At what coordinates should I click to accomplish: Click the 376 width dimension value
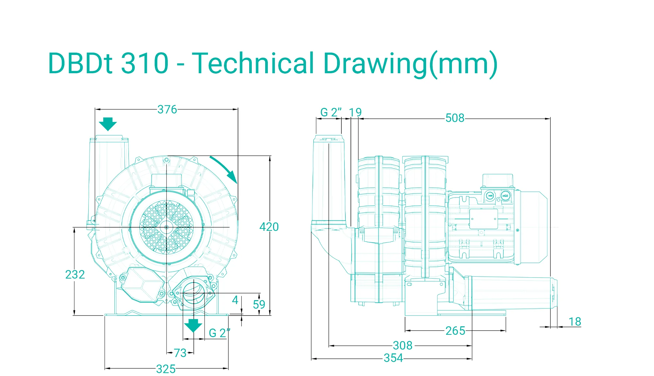click(167, 110)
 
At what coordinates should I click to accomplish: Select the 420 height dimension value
click(269, 227)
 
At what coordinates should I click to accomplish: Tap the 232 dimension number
click(75, 275)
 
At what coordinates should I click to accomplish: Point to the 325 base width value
click(166, 369)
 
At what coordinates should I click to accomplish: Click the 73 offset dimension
click(180, 353)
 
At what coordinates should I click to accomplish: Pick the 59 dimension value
click(259, 305)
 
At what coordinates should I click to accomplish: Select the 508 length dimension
click(455, 118)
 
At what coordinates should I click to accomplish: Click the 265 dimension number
click(456, 331)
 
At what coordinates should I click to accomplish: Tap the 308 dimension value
click(403, 346)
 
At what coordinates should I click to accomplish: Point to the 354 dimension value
click(393, 358)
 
